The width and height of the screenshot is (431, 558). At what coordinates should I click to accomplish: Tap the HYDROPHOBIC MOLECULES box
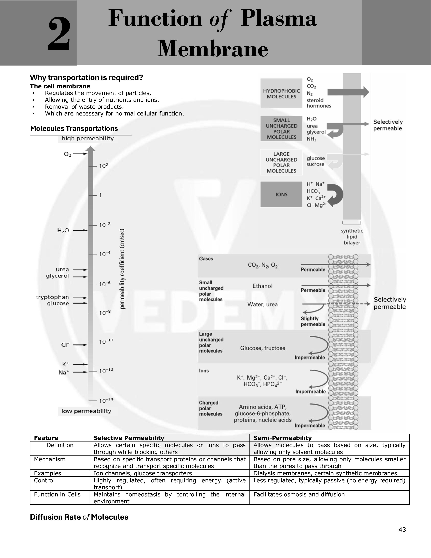coord(281,94)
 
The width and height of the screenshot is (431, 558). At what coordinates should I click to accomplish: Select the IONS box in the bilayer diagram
coord(281,194)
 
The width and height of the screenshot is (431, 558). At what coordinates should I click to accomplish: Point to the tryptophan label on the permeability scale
coord(52,297)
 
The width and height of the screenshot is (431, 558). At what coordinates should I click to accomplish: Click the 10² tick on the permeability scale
coord(103,166)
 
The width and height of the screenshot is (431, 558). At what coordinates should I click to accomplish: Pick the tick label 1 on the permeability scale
coord(101,195)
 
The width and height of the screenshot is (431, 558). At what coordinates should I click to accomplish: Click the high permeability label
coord(88,138)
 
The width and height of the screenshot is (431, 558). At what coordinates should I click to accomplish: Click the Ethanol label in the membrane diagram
coord(262,286)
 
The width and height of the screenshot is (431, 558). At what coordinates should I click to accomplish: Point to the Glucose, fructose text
coord(262,348)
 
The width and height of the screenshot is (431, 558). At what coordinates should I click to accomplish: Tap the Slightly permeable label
coord(313,321)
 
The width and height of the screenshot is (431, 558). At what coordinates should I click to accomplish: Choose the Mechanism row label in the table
coord(50,459)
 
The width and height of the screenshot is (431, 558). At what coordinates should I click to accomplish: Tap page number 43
coord(402,530)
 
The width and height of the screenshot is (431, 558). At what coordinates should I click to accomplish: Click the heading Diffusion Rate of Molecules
coord(79,517)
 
